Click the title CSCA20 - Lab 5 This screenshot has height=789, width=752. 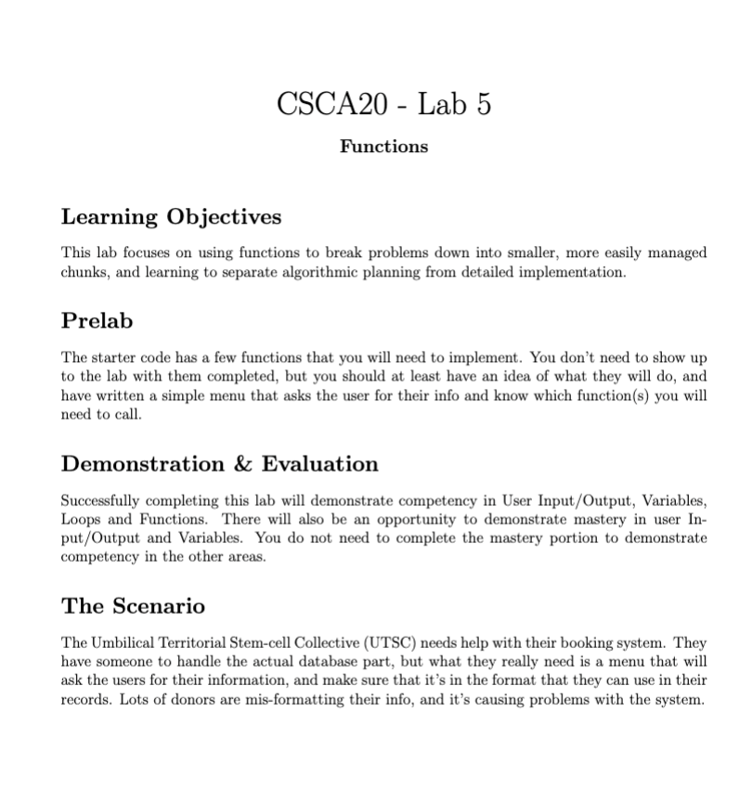click(x=384, y=103)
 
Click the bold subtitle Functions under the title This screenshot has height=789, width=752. click(x=384, y=147)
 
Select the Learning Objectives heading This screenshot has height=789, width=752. click(x=171, y=217)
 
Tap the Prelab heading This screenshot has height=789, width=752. click(x=97, y=321)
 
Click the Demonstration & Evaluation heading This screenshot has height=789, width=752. click(x=220, y=463)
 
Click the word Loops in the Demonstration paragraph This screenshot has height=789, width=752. click(x=81, y=517)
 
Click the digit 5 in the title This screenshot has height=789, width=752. click(x=483, y=103)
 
